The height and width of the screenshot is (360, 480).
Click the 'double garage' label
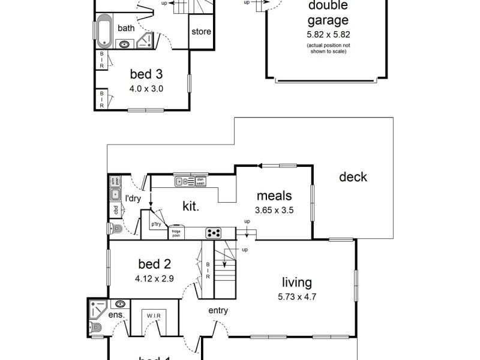click(328, 13)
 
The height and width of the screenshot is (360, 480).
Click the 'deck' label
click(353, 177)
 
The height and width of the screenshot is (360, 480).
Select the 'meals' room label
click(274, 196)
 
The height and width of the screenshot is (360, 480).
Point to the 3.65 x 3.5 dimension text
click(274, 210)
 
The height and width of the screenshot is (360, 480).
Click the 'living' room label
click(298, 282)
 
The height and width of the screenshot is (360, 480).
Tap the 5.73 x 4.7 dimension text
click(298, 296)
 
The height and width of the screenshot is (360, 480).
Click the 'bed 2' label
click(154, 264)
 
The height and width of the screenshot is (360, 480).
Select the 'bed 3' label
click(146, 74)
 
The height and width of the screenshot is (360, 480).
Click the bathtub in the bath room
click(104, 32)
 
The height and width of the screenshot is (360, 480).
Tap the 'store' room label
click(201, 31)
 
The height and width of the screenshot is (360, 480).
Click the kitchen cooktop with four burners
click(214, 233)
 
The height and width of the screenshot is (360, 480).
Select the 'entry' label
click(218, 310)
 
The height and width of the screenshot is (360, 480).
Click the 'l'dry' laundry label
click(132, 198)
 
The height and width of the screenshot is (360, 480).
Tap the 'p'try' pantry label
click(157, 224)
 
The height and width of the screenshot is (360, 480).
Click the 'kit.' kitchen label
click(191, 206)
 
